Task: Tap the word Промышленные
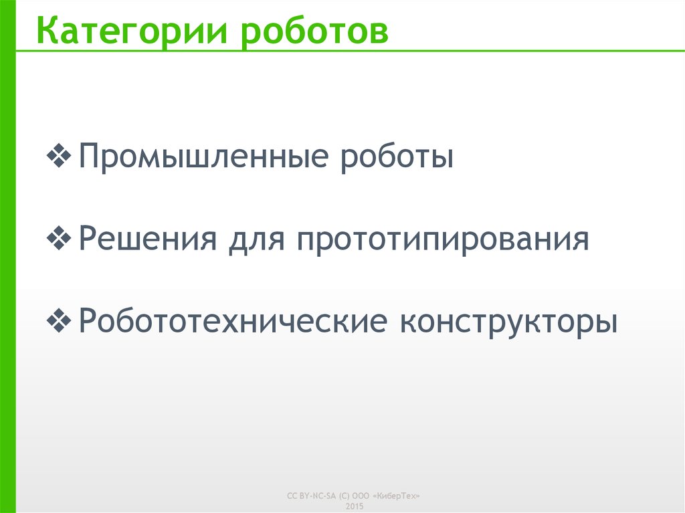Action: (204, 159)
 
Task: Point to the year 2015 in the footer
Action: (355, 506)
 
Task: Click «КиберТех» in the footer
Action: (399, 496)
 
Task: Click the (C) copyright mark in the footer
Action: (345, 496)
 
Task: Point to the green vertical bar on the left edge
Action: (7, 268)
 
